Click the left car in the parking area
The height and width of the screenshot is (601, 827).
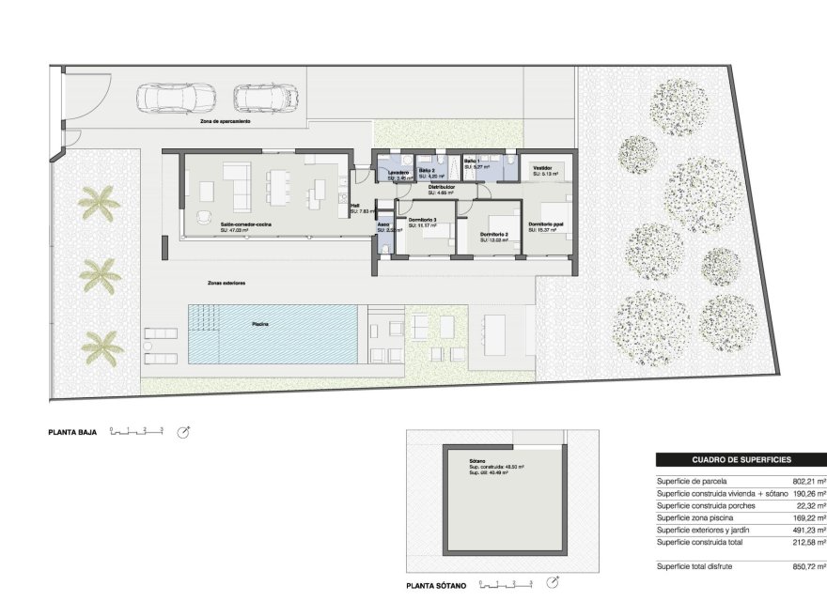coord(177,97)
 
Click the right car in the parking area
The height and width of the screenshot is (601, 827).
coord(266,97)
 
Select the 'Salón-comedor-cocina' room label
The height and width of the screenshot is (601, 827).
coord(247,224)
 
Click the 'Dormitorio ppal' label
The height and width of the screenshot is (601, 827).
coord(546,223)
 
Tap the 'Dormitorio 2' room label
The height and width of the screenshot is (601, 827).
coord(493,234)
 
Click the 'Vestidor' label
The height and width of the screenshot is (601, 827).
coord(541,169)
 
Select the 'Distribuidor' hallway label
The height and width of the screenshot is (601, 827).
coord(441,187)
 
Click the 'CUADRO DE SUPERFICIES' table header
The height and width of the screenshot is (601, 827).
coord(741,460)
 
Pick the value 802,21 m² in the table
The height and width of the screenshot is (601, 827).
coord(806,481)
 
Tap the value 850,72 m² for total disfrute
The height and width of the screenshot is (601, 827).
coord(806,567)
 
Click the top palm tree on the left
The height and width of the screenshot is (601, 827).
coord(98,203)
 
